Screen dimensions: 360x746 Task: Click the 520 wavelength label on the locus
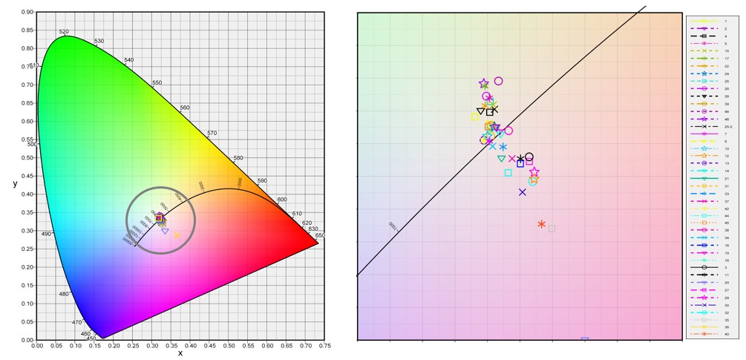[64, 32]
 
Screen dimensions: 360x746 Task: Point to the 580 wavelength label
[238, 158]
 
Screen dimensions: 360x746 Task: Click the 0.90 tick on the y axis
[27, 12]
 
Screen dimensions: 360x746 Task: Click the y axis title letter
[15, 183]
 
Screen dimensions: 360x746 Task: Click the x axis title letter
[180, 353]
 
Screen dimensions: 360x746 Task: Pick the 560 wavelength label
[185, 108]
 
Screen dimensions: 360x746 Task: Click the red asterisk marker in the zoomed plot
[542, 224]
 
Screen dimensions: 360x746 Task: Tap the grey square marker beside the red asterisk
[552, 229]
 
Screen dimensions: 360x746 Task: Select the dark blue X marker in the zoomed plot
[523, 192]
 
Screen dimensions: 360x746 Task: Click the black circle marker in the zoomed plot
[529, 157]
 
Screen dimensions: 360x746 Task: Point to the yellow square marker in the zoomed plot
[475, 117]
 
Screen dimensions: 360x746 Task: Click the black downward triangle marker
[481, 112]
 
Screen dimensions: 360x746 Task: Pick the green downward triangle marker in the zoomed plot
[501, 159]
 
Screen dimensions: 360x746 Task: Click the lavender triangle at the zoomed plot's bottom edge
[585, 339]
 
